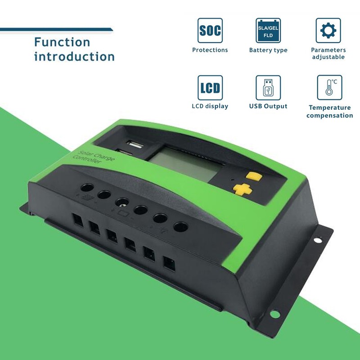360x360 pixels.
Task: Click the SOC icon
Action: (x=210, y=30)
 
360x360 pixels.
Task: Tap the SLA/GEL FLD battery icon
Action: (x=268, y=30)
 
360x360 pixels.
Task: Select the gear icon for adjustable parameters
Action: (x=328, y=30)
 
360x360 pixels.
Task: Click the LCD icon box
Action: (x=210, y=87)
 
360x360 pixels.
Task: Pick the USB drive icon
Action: (x=268, y=87)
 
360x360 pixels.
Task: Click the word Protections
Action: (x=210, y=50)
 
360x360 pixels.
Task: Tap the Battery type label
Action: (x=268, y=50)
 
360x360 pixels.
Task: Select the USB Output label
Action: (x=268, y=106)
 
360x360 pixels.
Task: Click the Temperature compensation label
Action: (x=329, y=112)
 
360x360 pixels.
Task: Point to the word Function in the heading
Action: (x=62, y=42)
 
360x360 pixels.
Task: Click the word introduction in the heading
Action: (x=74, y=57)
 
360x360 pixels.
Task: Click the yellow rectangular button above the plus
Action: (x=254, y=175)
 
